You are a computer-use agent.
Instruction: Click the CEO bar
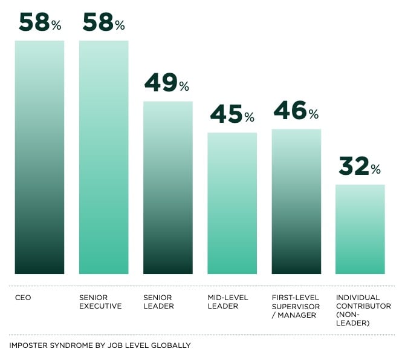point(39,157)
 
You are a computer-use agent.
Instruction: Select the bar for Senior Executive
point(103,157)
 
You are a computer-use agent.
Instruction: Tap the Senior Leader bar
point(167,188)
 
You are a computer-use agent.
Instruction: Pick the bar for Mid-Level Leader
point(232,203)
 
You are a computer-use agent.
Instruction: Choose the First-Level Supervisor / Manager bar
point(296,201)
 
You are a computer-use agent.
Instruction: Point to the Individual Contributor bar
point(360,229)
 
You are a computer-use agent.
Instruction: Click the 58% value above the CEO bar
point(40,22)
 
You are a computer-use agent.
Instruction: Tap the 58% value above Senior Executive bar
point(104,22)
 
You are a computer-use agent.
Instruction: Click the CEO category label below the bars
point(23,298)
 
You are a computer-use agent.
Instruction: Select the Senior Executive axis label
point(100,302)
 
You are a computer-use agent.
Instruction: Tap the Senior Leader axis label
point(158,302)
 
